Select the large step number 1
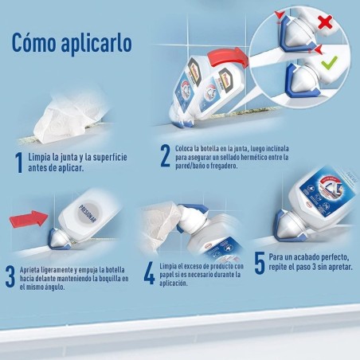coord(18,162)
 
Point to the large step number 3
coord(10,276)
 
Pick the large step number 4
coord(149,272)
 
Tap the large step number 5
coord(259,263)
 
